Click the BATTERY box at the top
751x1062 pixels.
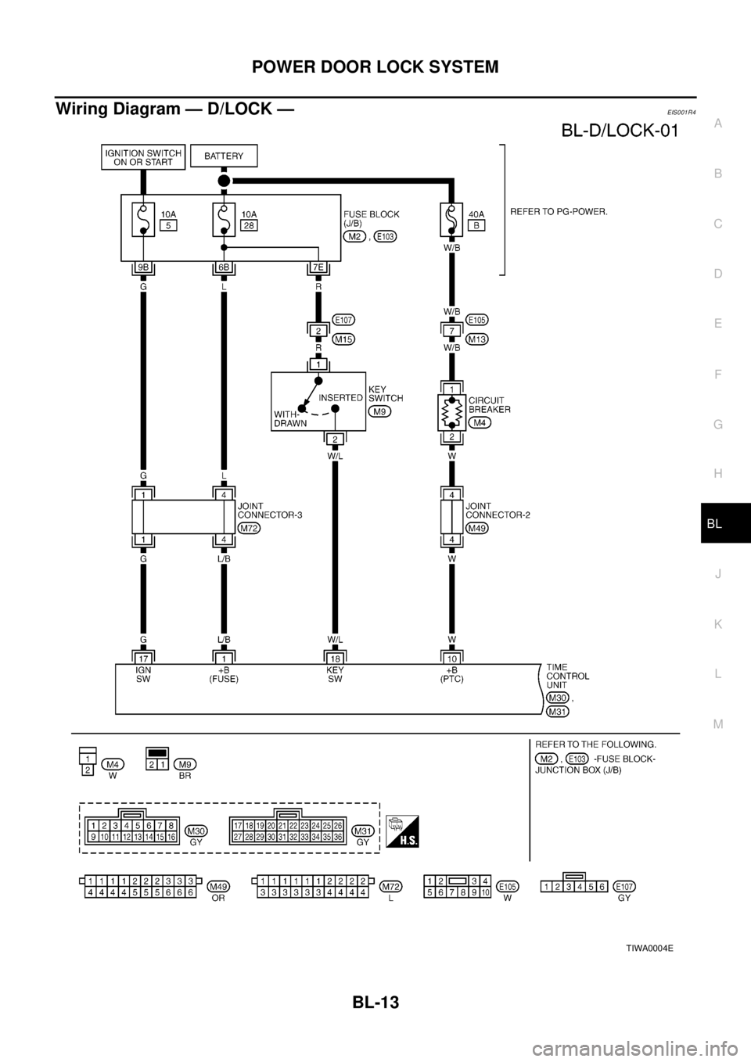(224, 156)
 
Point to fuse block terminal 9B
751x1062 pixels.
(142, 268)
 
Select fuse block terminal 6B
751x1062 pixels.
(224, 268)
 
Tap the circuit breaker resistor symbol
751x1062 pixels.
(451, 412)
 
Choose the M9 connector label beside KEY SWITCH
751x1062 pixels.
(381, 411)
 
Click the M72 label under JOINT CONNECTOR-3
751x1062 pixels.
(249, 528)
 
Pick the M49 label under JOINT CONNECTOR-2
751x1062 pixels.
(477, 528)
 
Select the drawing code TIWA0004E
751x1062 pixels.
(649, 947)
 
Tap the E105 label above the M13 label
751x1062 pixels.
(477, 319)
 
